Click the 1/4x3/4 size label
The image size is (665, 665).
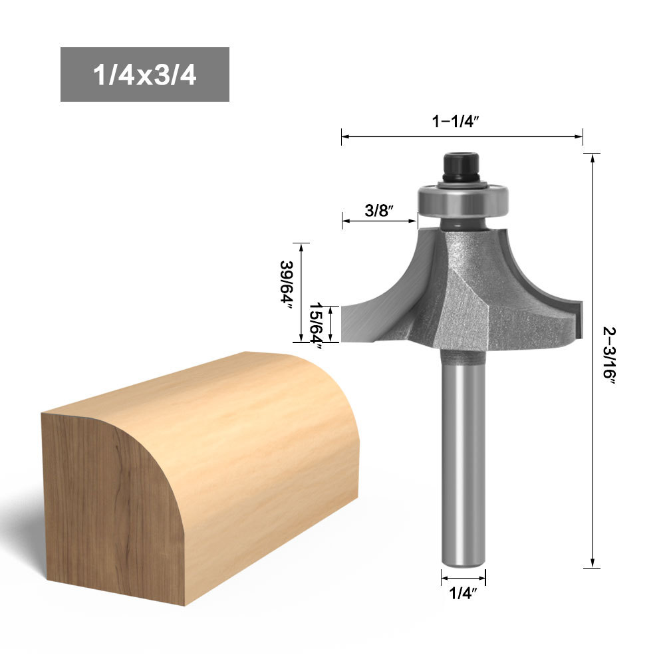[144, 74]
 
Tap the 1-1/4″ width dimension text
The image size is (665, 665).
[455, 121]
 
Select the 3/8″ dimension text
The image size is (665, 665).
[379, 210]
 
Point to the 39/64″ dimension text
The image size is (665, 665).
[287, 281]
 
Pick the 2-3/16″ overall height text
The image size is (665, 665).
[609, 355]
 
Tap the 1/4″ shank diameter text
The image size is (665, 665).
[463, 593]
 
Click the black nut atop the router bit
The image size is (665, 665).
[462, 167]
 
